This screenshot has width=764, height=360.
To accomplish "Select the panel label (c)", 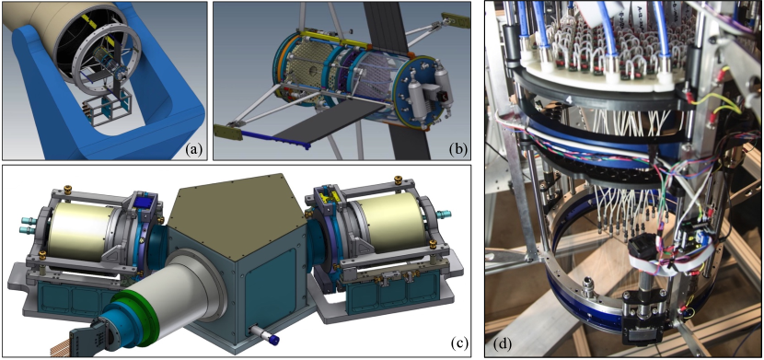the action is [x=459, y=343].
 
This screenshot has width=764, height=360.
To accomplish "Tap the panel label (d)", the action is [x=502, y=344].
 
